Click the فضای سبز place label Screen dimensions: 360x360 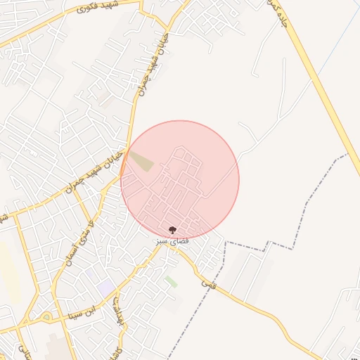click(172, 240)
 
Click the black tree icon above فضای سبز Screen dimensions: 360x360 click(172, 230)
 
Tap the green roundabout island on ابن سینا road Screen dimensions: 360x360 click(46, 316)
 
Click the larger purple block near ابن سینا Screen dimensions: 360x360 click(106, 287)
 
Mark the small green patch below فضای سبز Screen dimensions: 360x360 click(171, 281)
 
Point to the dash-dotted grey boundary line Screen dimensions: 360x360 click(309, 204)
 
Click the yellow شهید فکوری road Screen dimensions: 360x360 click(42, 32)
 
